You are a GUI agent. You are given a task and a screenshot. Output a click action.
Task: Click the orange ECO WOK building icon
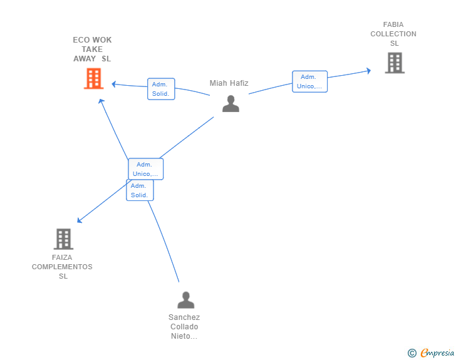click(x=94, y=78)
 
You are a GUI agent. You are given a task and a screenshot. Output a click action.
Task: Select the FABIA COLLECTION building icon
click(x=395, y=63)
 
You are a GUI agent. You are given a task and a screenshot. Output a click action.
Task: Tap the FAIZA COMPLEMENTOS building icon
click(x=63, y=239)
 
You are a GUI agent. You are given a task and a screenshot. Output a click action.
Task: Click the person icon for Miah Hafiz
click(x=231, y=103)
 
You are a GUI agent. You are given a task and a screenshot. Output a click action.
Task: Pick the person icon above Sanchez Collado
click(x=186, y=300)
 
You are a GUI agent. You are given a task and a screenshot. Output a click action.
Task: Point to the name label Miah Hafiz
click(x=229, y=83)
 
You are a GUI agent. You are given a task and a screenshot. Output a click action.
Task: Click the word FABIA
click(x=393, y=24)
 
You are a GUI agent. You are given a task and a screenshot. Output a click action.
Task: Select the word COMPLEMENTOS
click(x=62, y=267)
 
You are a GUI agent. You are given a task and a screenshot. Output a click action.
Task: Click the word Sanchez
click(x=184, y=317)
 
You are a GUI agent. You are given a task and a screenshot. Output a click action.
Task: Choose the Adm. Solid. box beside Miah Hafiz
click(x=161, y=89)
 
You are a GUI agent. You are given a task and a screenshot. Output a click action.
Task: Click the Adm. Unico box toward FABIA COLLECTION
click(x=309, y=81)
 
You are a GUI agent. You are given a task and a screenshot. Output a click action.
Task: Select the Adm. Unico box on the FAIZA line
click(x=146, y=169)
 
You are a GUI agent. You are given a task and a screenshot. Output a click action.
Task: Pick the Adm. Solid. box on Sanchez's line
click(x=140, y=190)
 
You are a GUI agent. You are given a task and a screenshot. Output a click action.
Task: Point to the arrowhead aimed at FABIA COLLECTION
click(x=368, y=71)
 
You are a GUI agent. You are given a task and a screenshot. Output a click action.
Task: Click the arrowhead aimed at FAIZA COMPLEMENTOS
click(x=80, y=220)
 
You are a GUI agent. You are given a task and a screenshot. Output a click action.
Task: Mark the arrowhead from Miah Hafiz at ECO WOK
click(x=114, y=85)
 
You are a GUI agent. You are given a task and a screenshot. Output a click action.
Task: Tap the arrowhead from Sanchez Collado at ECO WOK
click(x=101, y=101)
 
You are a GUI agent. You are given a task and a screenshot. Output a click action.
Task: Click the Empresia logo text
click(x=437, y=352)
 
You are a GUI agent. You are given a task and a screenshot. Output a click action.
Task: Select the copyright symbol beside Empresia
click(x=412, y=353)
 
